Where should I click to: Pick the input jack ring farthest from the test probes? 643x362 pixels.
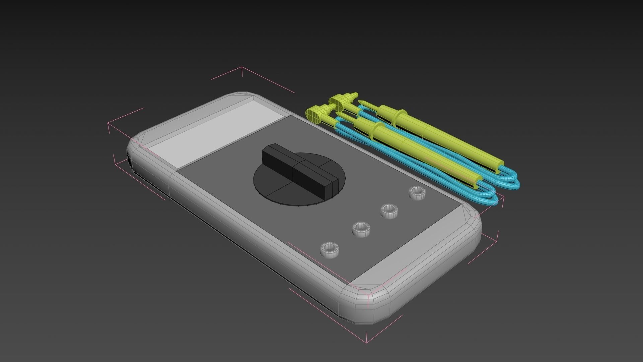point(330,249)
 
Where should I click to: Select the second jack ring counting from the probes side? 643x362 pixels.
point(389,210)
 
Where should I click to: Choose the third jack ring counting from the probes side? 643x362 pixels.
point(361,229)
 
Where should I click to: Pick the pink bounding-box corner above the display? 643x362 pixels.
point(242,67)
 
